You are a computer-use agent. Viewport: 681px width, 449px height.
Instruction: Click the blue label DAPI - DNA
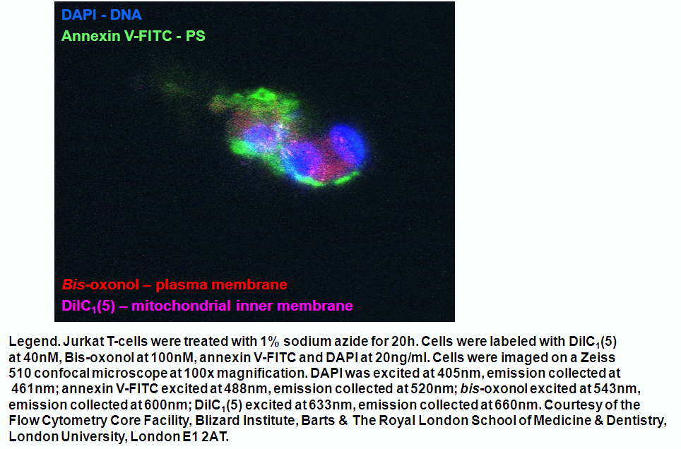pyautogui.click(x=102, y=15)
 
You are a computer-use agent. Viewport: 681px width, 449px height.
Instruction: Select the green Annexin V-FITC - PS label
pyautogui.click(x=134, y=35)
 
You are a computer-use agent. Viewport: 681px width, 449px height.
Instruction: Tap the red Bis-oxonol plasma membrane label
pyautogui.click(x=174, y=285)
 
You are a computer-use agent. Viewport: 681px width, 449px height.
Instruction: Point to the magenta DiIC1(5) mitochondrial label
pyautogui.click(x=207, y=306)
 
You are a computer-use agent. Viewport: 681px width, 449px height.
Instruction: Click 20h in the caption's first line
pyautogui.click(x=404, y=341)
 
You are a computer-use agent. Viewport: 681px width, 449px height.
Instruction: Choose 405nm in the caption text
pyautogui.click(x=456, y=373)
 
